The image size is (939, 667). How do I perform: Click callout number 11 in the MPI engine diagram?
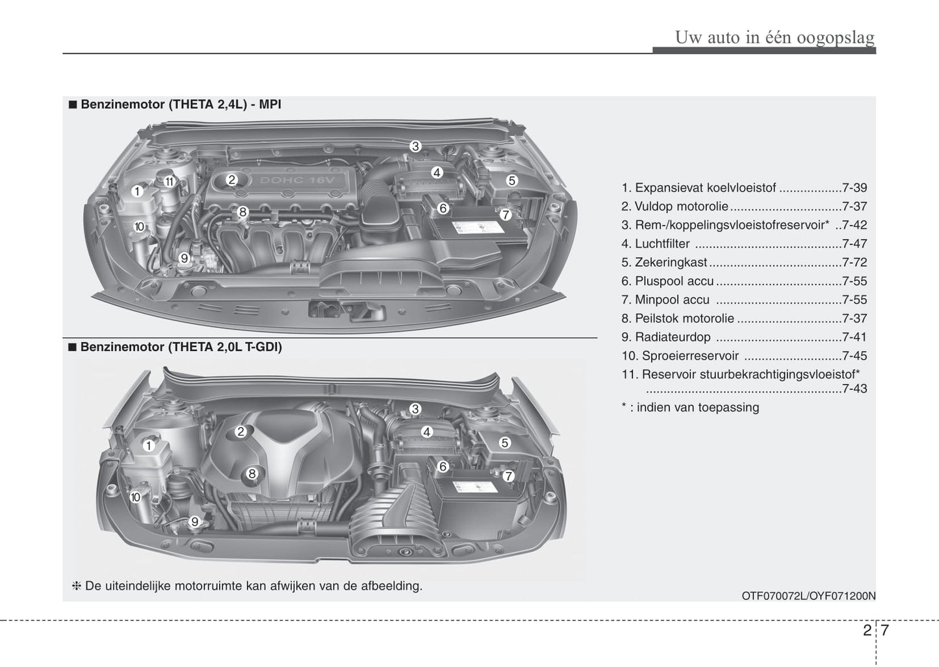[169, 181]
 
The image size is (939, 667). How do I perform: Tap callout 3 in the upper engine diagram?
[415, 146]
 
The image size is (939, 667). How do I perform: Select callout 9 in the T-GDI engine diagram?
[194, 521]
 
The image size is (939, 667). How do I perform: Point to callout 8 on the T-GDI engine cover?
[252, 474]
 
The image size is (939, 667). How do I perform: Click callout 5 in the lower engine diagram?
[504, 443]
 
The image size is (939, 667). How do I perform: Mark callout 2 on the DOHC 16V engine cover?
[232, 180]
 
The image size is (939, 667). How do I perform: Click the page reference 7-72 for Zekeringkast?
[854, 263]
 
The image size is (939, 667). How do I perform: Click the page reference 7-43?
[854, 389]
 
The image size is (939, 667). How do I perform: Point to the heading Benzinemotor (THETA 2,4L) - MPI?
[181, 104]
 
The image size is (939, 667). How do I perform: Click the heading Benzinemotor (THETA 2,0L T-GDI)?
[181, 347]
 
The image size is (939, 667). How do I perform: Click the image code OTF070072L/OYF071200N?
[808, 595]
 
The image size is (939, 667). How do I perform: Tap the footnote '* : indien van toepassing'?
[690, 408]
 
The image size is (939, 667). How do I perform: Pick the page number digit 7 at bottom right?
[886, 631]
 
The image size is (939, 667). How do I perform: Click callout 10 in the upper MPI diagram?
[139, 226]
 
